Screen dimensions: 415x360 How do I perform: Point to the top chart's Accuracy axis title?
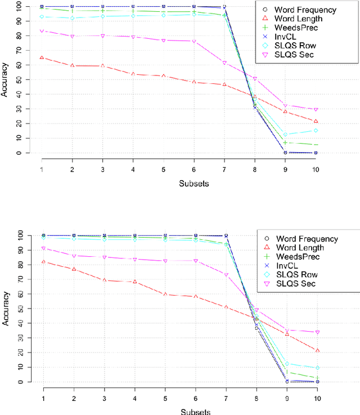(x=5, y=82)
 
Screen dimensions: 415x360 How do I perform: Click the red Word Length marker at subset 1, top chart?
(x=42, y=57)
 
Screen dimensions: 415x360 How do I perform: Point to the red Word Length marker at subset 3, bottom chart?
(x=103, y=280)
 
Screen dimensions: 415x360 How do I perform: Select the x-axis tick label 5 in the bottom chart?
(x=164, y=396)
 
